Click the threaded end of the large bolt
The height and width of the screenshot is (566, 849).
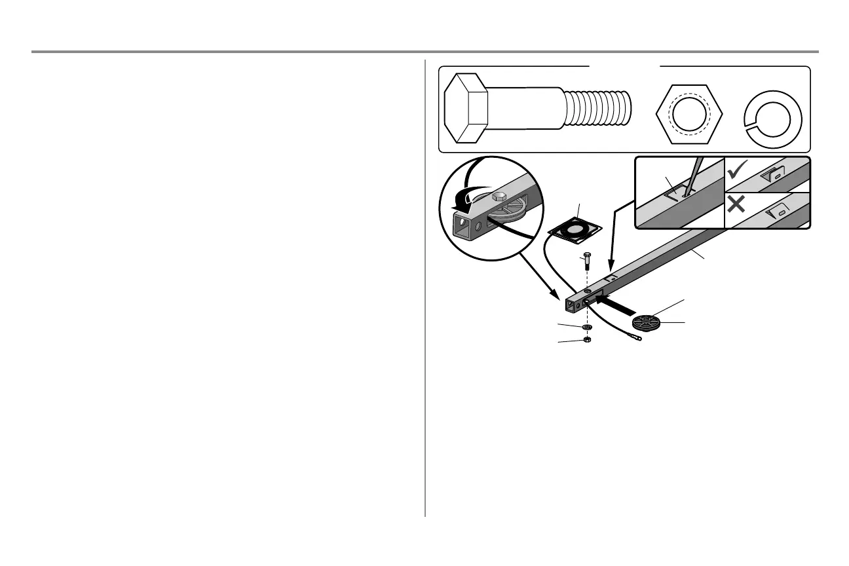(599, 109)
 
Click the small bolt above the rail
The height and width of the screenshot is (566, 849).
(587, 265)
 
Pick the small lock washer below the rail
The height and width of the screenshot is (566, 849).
(587, 326)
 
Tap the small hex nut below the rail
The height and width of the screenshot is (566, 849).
(587, 340)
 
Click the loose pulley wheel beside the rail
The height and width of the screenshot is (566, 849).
(647, 323)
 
